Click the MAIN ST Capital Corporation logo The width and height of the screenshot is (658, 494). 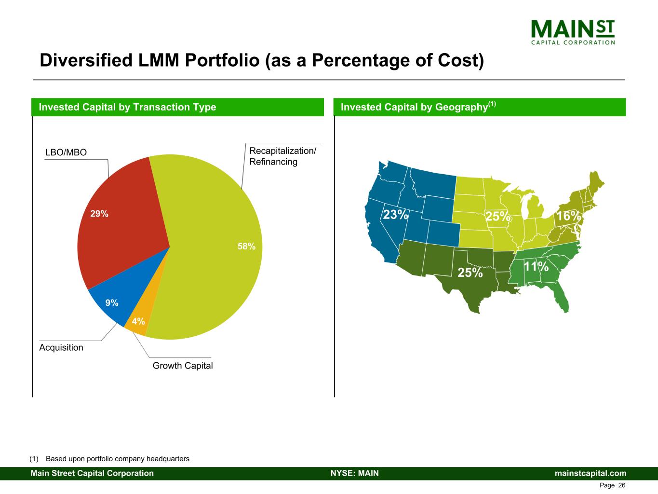(x=573, y=32)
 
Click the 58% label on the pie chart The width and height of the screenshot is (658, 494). (x=246, y=247)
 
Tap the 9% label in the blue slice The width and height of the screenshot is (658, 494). (x=112, y=303)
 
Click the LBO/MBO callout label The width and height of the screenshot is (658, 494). (x=66, y=152)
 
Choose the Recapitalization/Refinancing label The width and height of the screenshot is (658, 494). (x=282, y=156)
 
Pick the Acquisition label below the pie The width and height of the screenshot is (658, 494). (x=61, y=347)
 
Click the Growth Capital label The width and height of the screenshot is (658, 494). (x=183, y=366)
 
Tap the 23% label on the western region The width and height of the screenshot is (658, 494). (x=395, y=214)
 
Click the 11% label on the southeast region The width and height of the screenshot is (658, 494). (x=536, y=266)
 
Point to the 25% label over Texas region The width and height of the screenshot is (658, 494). (x=470, y=273)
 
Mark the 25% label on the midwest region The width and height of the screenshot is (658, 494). (x=498, y=217)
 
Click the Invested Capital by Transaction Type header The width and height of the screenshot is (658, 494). (x=127, y=107)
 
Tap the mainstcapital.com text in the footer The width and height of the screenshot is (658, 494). (x=591, y=473)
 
